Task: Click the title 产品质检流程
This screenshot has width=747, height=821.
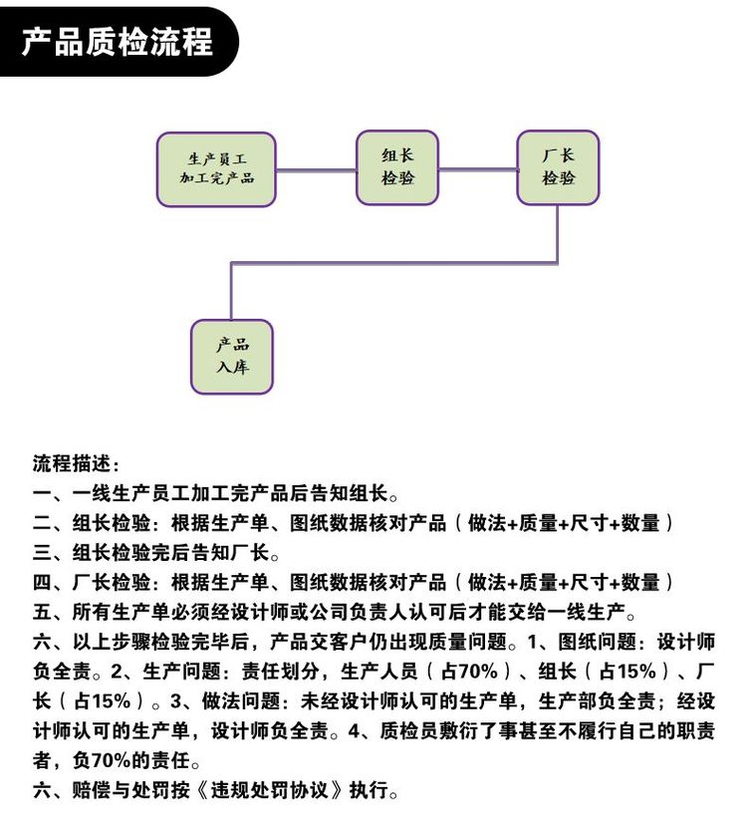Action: (x=118, y=42)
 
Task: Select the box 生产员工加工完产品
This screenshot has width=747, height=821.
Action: (x=216, y=169)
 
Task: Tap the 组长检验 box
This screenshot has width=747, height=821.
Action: (x=397, y=167)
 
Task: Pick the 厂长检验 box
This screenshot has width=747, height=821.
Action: (x=558, y=167)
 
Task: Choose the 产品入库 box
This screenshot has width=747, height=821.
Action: (x=232, y=357)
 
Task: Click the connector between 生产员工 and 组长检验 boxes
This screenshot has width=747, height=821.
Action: (x=316, y=169)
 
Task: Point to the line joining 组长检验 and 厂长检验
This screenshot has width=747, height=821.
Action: (x=478, y=169)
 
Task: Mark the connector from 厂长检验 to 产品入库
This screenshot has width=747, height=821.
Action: (x=392, y=262)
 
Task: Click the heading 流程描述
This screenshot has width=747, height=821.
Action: (x=72, y=463)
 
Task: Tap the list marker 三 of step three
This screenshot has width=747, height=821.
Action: (x=42, y=553)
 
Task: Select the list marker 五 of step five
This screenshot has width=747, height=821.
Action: (x=42, y=612)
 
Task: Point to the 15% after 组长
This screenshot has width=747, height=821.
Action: (x=636, y=672)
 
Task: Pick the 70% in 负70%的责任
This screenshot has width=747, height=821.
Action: (x=111, y=760)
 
